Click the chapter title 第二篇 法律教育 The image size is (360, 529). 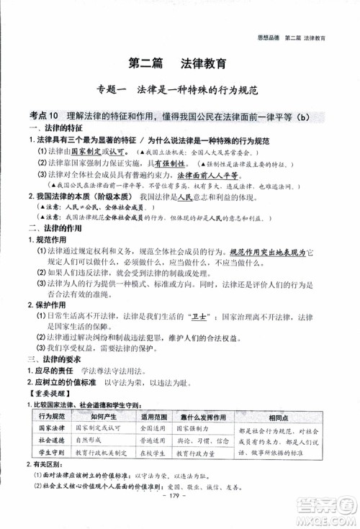179,64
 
